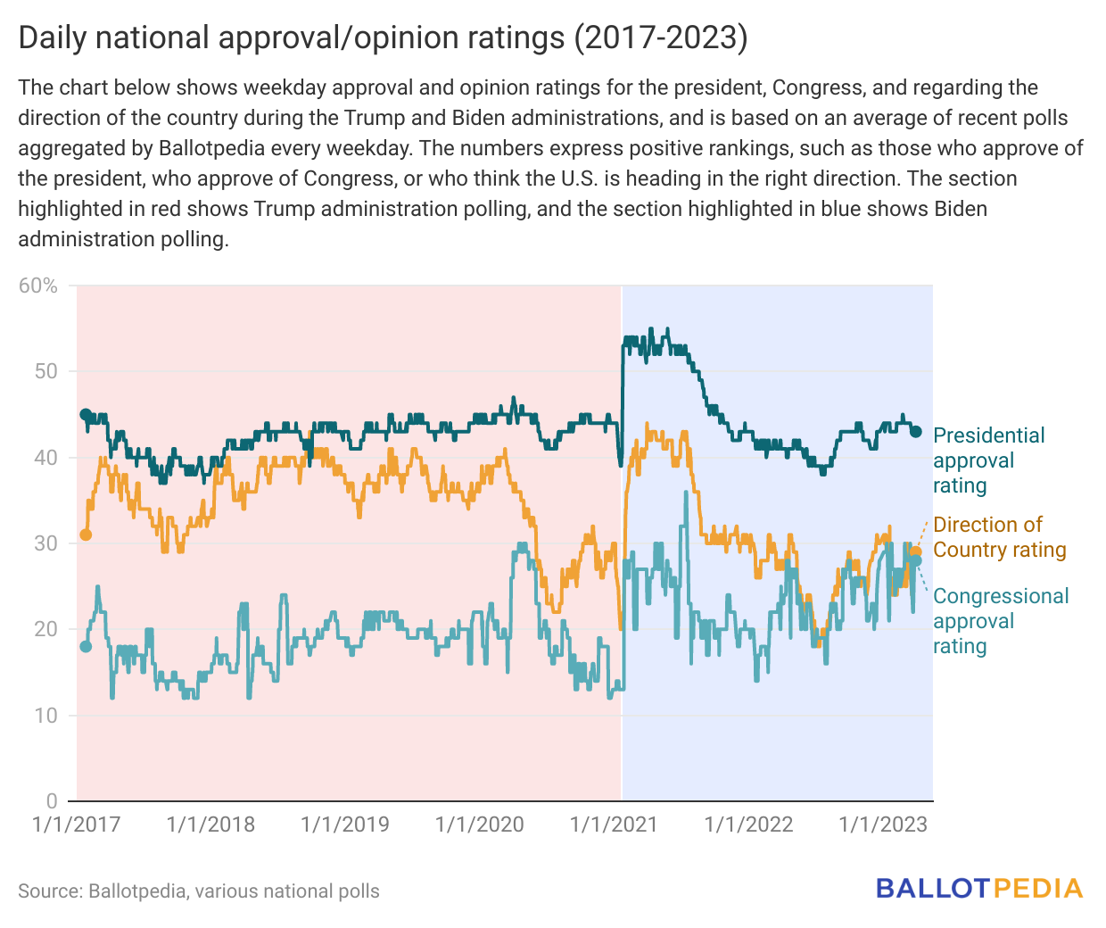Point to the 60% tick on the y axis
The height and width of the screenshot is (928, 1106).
pos(38,286)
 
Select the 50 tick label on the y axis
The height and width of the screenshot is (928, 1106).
pos(45,371)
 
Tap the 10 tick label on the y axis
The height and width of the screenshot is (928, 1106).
pos(45,716)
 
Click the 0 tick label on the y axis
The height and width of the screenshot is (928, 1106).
pos(52,801)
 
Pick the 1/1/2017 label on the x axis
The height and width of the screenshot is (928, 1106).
pos(77,824)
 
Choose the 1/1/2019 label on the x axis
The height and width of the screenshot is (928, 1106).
pos(345,824)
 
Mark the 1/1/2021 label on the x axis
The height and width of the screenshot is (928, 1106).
pos(614,824)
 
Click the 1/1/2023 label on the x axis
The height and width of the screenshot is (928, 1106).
pos(883,824)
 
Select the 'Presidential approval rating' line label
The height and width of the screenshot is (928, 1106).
pos(988,460)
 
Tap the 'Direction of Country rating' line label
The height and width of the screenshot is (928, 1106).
pos(999,537)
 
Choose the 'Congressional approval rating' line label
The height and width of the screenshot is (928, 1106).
pos(1000,621)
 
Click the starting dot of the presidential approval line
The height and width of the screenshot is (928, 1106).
pos(86,414)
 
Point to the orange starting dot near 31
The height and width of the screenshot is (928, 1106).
pos(86,534)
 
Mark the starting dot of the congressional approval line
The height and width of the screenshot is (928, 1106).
pos(86,646)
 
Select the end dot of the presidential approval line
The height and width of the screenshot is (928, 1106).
pos(915,432)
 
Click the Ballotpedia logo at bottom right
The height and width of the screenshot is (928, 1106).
pos(978,889)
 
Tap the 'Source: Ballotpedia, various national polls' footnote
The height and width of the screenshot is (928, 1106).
pos(199,891)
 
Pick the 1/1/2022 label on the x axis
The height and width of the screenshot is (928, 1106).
pos(748,824)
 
